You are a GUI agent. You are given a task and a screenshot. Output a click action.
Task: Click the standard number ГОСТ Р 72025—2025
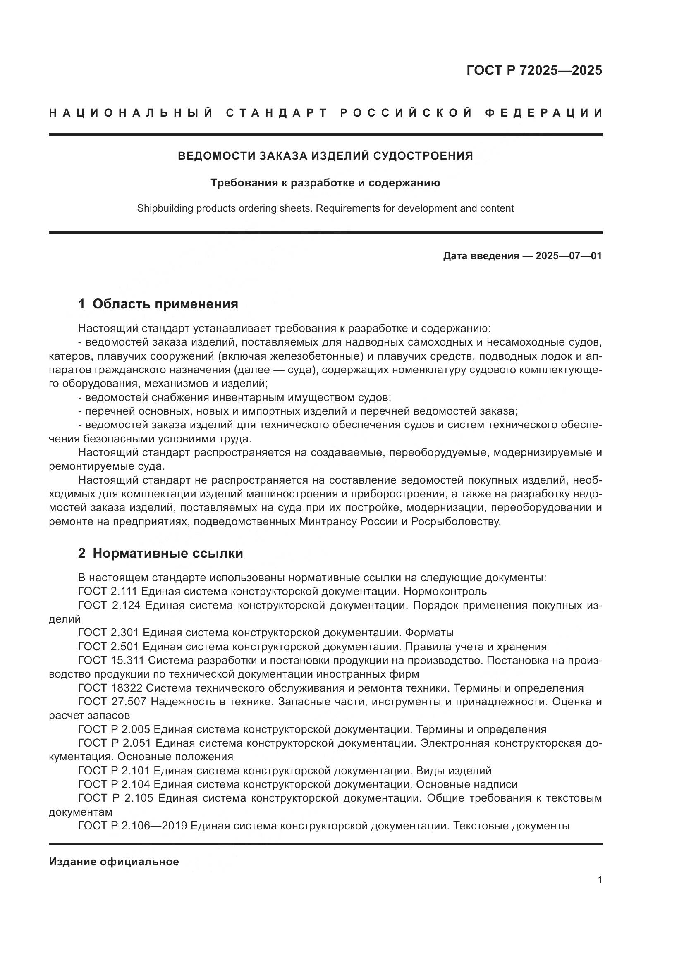tap(534, 70)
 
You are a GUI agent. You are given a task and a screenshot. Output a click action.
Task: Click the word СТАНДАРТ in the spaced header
tap(277, 113)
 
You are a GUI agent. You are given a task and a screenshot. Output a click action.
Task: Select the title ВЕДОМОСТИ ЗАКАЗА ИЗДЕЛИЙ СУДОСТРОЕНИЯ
tap(325, 156)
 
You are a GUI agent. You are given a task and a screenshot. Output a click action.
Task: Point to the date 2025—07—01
tap(569, 255)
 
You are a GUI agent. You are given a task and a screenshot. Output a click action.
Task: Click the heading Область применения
tap(165, 304)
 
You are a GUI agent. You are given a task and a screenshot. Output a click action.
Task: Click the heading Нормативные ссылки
tap(167, 553)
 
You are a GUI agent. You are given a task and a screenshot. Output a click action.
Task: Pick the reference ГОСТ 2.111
tap(108, 591)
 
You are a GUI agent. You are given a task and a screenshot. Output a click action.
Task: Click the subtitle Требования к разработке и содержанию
tap(325, 183)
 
